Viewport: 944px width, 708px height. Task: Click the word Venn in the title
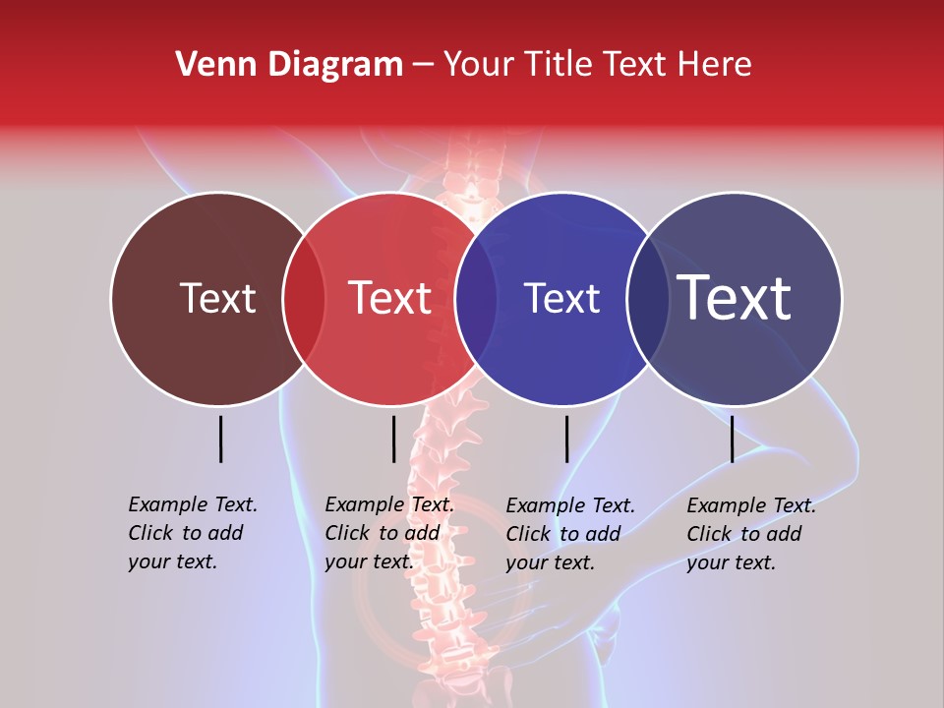pos(208,65)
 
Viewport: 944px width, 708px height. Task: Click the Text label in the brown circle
pos(217,298)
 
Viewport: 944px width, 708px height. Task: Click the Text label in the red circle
pos(390,298)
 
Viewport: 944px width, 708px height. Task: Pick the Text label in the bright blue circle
pos(561,298)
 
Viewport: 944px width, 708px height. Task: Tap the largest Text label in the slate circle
pos(735,297)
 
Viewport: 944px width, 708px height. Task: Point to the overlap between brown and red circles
pos(304,299)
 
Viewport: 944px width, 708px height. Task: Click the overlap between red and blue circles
pos(476,299)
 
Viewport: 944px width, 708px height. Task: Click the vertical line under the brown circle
pos(221,439)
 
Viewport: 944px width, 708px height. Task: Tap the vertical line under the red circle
pos(393,439)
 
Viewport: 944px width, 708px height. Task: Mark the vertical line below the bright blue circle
pos(566,439)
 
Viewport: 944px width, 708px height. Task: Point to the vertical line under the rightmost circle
pos(732,439)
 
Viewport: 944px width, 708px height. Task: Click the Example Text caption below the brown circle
pos(193,533)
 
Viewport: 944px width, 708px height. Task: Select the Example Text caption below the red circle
pos(389,533)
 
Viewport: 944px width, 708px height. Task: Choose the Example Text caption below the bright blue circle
pos(570,534)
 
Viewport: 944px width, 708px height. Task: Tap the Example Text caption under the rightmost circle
pos(751,534)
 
